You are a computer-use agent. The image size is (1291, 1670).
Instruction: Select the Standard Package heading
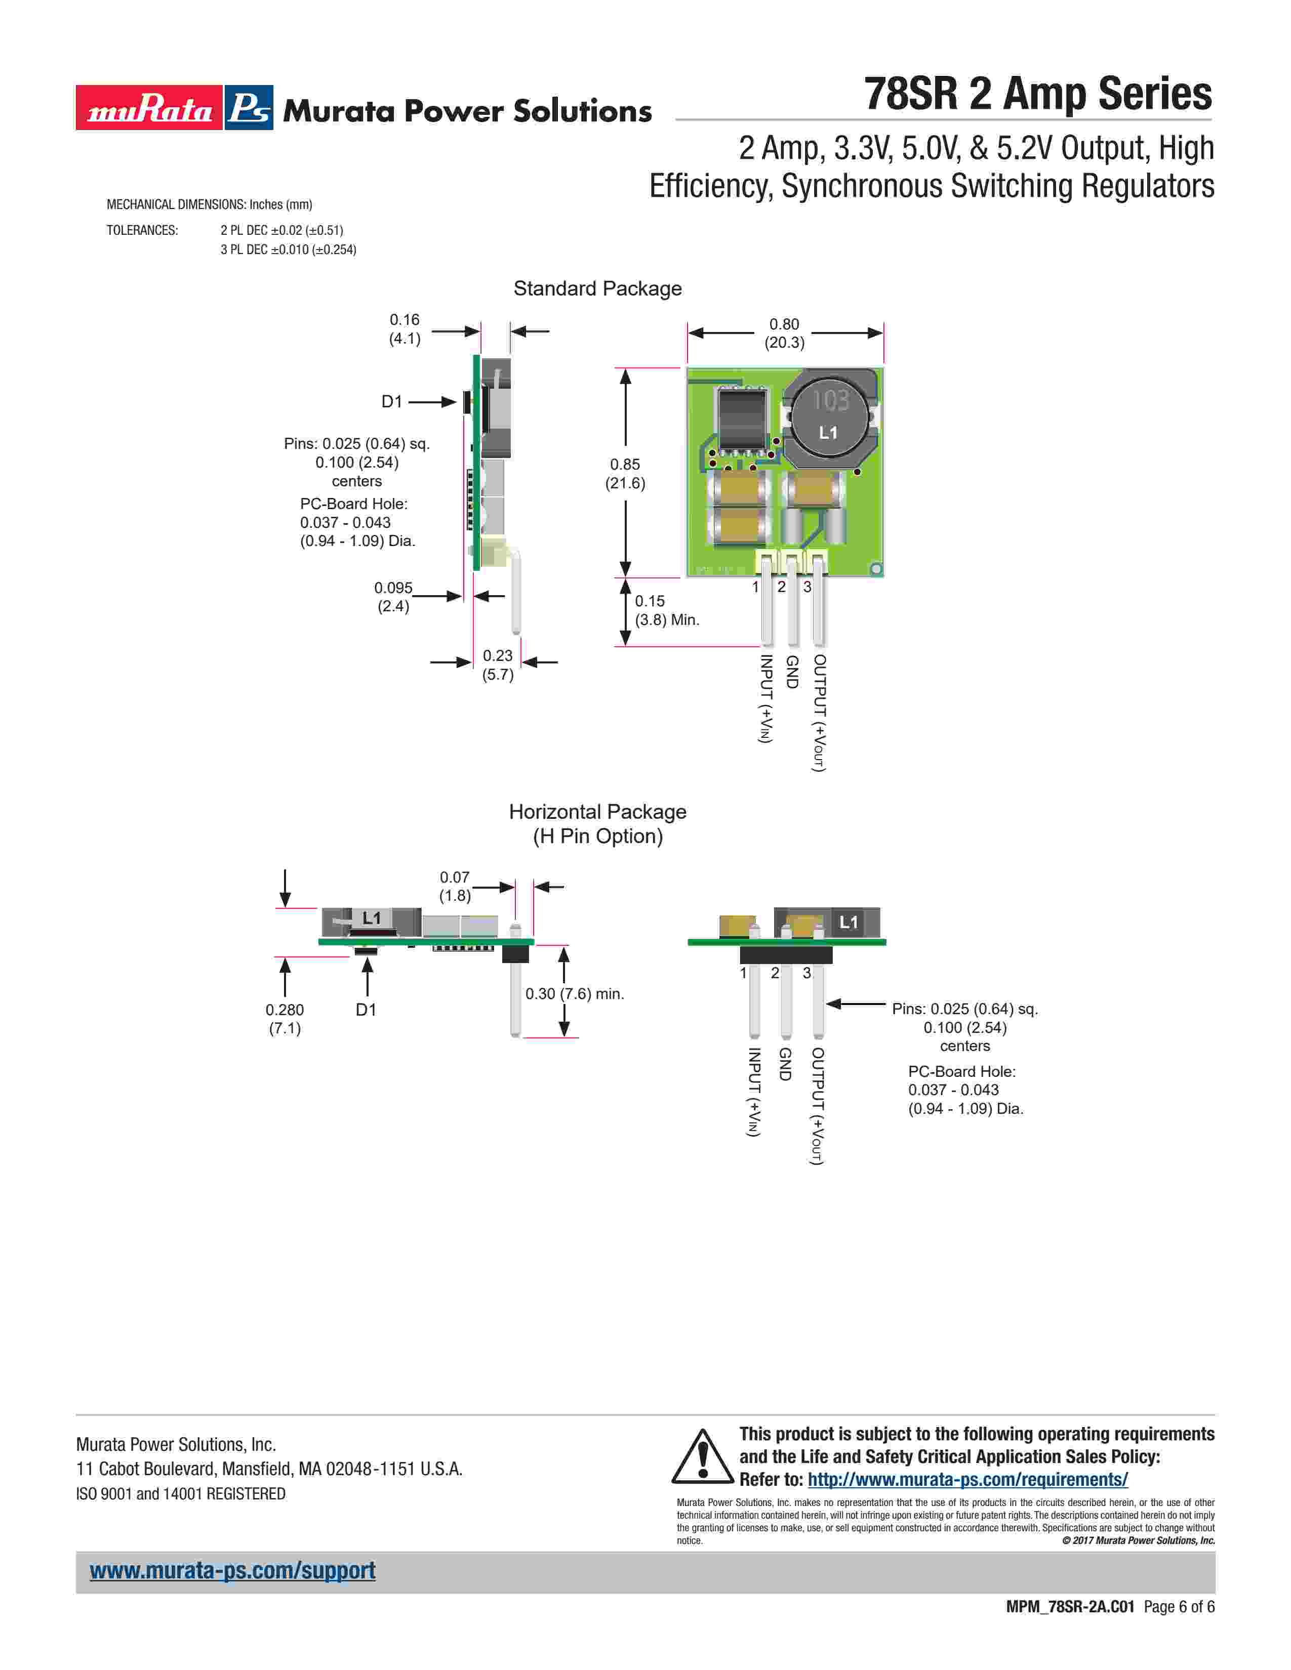[x=597, y=288]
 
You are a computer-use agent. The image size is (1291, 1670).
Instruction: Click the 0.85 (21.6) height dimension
[x=625, y=473]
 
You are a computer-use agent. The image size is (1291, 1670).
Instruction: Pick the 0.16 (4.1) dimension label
[x=405, y=329]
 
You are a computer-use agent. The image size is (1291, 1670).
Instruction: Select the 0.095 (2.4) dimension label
[x=393, y=597]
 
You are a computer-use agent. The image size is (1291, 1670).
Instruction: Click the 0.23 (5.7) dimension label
[x=498, y=664]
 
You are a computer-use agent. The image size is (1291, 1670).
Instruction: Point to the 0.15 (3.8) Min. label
[x=666, y=610]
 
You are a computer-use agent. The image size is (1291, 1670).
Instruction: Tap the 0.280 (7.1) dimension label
[x=285, y=1019]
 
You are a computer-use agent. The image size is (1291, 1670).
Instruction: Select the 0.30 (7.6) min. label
[x=575, y=993]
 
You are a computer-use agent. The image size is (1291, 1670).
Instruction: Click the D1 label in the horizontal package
[x=367, y=1010]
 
